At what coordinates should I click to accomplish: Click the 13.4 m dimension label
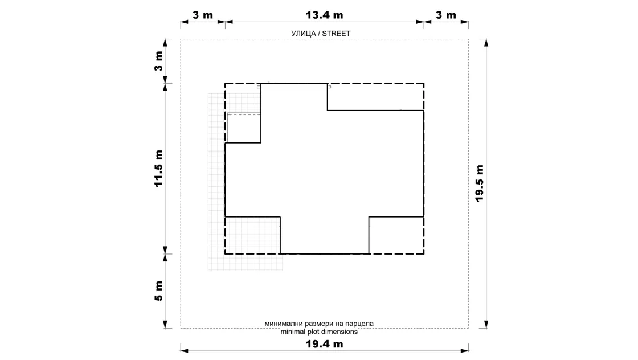(x=324, y=15)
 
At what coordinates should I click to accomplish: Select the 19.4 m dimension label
(x=324, y=344)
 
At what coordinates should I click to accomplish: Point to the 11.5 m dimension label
(x=158, y=169)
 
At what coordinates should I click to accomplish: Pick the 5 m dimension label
(x=158, y=291)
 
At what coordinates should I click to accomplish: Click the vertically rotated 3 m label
(x=158, y=61)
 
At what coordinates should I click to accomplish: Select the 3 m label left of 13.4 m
(x=203, y=15)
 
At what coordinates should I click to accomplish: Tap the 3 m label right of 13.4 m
(x=446, y=15)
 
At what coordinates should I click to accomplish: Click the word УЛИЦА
(x=304, y=34)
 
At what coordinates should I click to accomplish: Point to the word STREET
(x=336, y=34)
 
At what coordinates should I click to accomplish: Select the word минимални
(x=284, y=324)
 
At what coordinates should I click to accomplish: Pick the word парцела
(x=359, y=324)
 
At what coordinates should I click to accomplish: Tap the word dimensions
(x=340, y=332)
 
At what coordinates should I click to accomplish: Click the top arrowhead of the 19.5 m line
(x=486, y=43)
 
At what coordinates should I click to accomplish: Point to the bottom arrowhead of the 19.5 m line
(x=486, y=324)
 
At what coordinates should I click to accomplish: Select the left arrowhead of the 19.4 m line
(x=185, y=350)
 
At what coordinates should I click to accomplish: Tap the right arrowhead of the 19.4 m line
(x=464, y=350)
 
